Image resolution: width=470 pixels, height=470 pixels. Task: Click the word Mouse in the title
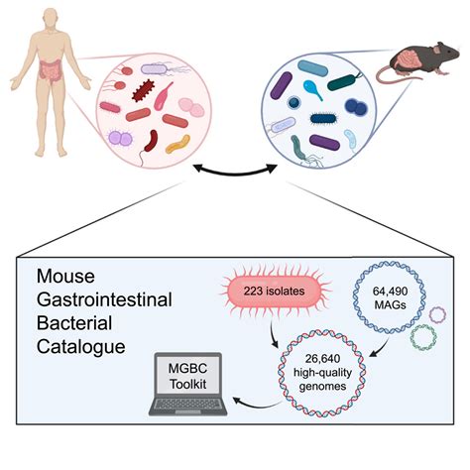pyautogui.click(x=65, y=276)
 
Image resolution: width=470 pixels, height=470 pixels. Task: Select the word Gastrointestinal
pyautogui.click(x=104, y=299)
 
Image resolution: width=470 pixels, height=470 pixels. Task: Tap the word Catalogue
pyautogui.click(x=81, y=347)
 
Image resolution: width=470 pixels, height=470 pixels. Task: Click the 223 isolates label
pyautogui.click(x=274, y=291)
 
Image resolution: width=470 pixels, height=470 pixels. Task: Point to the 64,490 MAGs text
pyautogui.click(x=390, y=297)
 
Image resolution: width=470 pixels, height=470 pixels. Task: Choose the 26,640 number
pyautogui.click(x=322, y=358)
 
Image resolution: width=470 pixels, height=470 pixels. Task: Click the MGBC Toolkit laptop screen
pyautogui.click(x=187, y=376)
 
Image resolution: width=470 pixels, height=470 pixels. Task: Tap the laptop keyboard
pyautogui.click(x=187, y=405)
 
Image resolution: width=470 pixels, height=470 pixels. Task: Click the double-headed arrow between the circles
pyautogui.click(x=235, y=173)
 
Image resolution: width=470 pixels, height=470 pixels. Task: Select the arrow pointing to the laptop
pyautogui.click(x=256, y=405)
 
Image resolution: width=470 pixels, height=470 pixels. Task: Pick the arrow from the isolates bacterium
pyautogui.click(x=274, y=334)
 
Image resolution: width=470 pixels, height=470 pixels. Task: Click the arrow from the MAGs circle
pyautogui.click(x=379, y=348)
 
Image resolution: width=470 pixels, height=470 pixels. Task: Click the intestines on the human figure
pyautogui.click(x=51, y=70)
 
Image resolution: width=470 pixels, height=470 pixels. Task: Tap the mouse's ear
pyautogui.click(x=437, y=50)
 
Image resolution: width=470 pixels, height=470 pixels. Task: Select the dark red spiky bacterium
pyautogui.click(x=143, y=90)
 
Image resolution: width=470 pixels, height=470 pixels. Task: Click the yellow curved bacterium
pyautogui.click(x=177, y=144)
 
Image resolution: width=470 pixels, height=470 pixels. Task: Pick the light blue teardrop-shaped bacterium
pyautogui.click(x=312, y=89)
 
